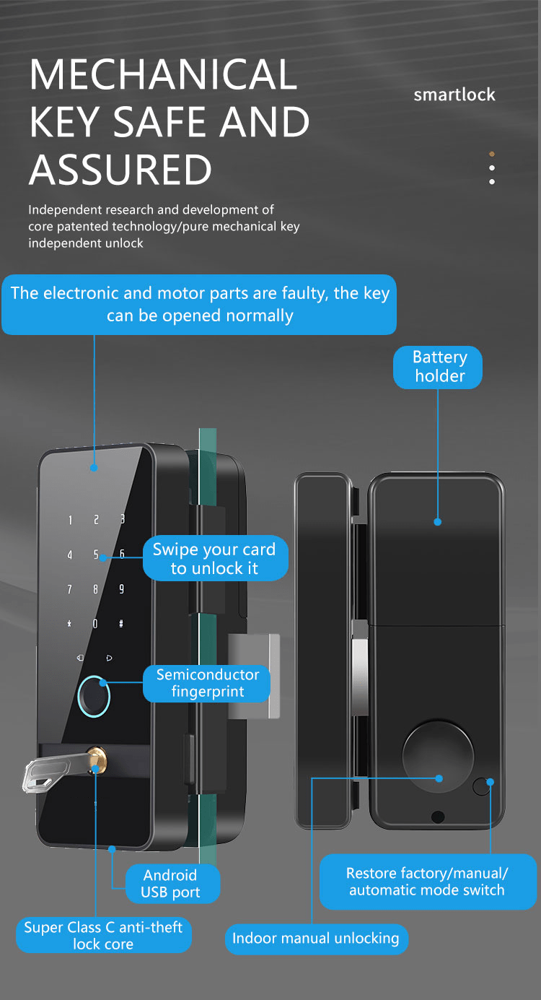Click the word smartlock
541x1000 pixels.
(x=454, y=95)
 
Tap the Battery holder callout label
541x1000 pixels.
(x=438, y=367)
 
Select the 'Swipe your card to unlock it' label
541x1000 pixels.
(x=214, y=558)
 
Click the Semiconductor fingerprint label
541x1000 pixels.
(x=207, y=683)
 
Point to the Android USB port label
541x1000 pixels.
(x=170, y=884)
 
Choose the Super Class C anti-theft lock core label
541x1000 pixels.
(x=103, y=935)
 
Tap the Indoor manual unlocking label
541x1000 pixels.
(x=316, y=939)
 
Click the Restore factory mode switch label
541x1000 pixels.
(x=427, y=882)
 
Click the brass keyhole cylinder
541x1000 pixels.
(x=95, y=758)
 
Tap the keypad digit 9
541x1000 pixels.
(x=121, y=589)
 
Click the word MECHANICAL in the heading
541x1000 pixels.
(x=163, y=74)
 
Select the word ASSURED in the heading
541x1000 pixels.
(x=120, y=170)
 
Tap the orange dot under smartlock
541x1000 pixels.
(x=492, y=154)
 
